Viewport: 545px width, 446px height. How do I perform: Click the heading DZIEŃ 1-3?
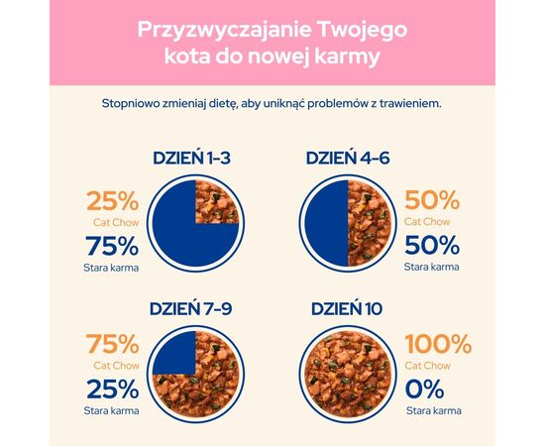click(194, 159)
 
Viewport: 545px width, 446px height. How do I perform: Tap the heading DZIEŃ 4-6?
click(345, 159)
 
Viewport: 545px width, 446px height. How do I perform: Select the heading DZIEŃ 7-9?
click(194, 308)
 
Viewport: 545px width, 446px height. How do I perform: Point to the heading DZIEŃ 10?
click(345, 308)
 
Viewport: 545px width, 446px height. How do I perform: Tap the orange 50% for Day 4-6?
click(432, 202)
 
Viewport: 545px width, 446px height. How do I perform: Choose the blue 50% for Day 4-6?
click(432, 246)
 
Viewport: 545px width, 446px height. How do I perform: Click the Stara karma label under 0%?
click(432, 407)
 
